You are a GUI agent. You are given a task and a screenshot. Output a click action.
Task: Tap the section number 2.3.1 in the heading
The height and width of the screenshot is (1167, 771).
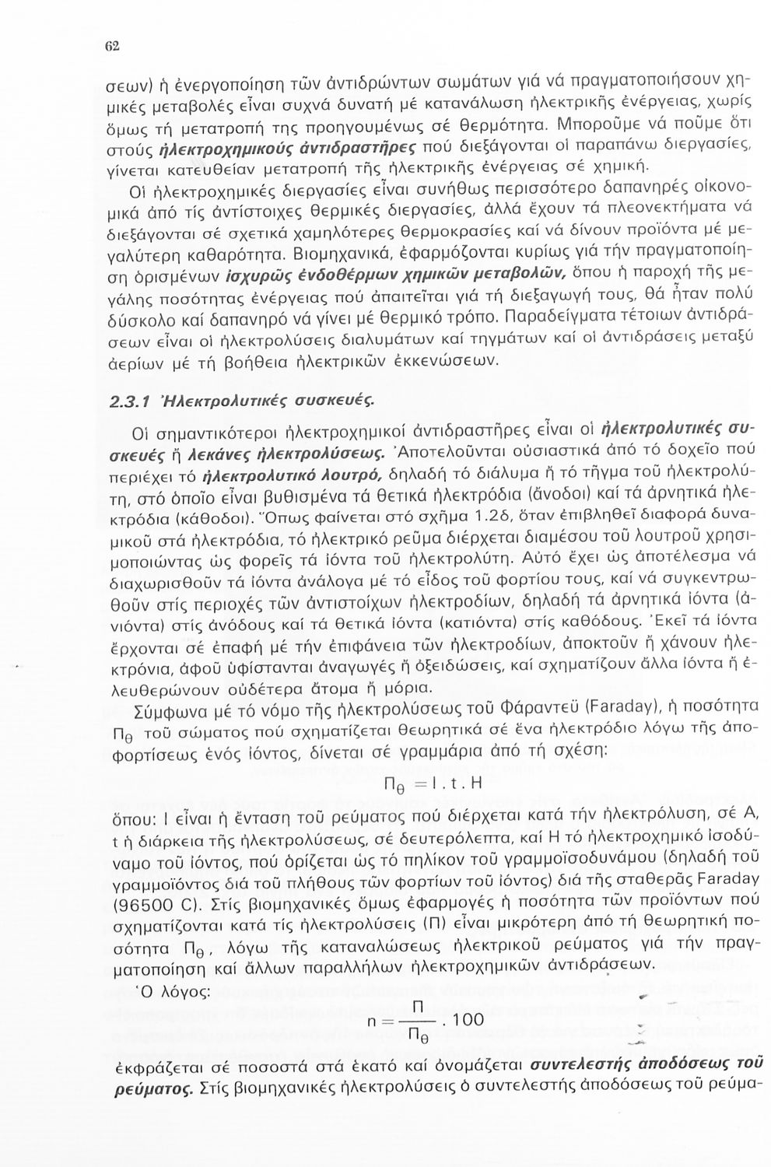coord(127,401)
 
